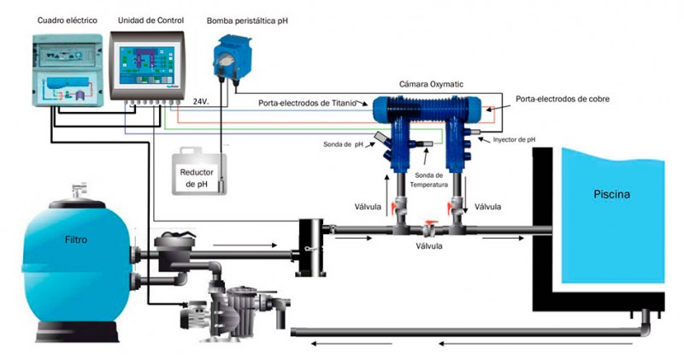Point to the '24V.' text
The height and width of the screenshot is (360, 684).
(202, 101)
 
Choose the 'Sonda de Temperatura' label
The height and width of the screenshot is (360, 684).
(429, 179)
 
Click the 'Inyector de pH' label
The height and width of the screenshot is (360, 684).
(515, 139)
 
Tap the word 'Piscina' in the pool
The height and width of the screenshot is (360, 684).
(612, 194)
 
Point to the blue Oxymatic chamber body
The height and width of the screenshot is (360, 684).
(427, 110)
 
